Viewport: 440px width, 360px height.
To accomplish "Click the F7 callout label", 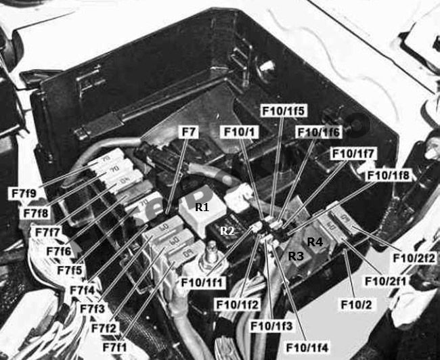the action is [189, 132].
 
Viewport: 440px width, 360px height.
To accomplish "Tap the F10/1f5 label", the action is [283, 110].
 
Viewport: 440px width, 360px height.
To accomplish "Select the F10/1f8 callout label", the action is [389, 175].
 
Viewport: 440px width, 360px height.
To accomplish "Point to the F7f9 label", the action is [24, 194].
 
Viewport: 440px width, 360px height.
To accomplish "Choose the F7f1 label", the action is [115, 347].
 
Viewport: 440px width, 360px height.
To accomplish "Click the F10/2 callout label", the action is [356, 305].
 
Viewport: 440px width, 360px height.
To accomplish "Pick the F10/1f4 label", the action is [307, 348].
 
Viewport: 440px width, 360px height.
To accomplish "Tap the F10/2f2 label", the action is [414, 258].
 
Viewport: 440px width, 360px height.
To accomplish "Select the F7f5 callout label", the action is [70, 271].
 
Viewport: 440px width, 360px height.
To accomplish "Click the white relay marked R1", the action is [203, 209].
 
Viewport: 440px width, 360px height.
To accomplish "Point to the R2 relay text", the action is [227, 231].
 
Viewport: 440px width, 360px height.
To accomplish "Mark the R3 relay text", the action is [296, 256].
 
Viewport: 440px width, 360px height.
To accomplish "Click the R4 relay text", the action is [315, 242].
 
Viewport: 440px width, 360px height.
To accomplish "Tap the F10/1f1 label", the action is [203, 283].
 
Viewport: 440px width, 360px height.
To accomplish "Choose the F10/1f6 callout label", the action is [319, 132].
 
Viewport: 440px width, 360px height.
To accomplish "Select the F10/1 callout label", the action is [240, 132].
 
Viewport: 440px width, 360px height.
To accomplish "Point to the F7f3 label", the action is [92, 309].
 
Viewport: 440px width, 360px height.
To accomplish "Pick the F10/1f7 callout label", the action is [353, 154].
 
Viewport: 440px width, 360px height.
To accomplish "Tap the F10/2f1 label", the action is [386, 281].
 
